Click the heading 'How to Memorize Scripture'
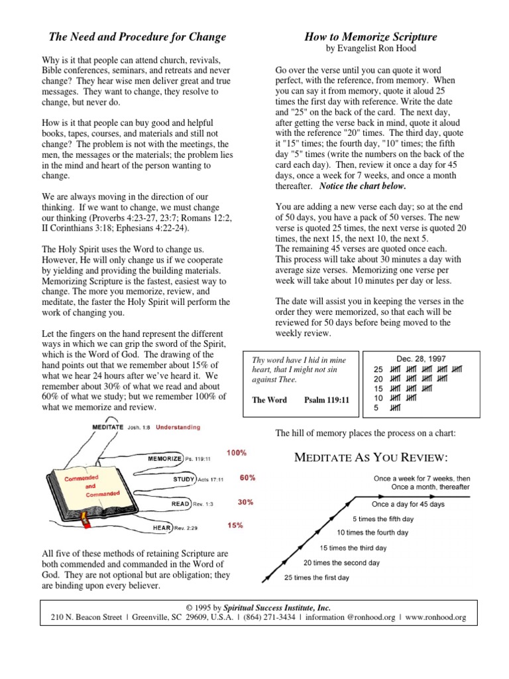370,36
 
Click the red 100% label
237,453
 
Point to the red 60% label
247,477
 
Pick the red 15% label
235,525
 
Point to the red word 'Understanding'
178,428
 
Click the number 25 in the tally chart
378,369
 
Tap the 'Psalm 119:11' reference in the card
326,401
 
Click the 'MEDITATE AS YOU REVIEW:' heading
371,458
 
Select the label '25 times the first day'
316,578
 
